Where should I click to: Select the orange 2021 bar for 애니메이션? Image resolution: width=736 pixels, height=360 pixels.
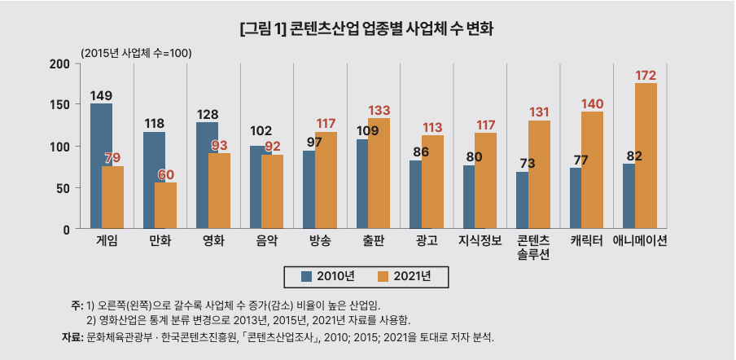tap(646, 155)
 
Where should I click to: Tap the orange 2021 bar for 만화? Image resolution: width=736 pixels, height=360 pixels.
tap(165, 205)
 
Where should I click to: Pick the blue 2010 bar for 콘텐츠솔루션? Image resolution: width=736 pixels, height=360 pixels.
tap(522, 200)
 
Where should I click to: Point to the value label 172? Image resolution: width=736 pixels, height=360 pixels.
tap(646, 76)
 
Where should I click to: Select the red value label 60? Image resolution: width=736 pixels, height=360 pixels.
tap(165, 174)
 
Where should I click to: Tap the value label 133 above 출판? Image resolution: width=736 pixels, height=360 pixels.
tap(380, 110)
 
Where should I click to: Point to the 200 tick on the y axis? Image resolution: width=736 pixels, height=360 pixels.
tap(59, 64)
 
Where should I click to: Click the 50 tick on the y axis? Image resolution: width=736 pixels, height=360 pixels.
tap(62, 188)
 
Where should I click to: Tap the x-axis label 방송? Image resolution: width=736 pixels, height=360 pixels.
tap(320, 240)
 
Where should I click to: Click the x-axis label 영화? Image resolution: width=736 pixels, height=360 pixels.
tap(213, 240)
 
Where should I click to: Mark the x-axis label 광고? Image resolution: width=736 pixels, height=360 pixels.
tap(427, 240)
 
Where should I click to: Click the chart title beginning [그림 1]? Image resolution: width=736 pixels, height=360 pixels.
tap(368, 29)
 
